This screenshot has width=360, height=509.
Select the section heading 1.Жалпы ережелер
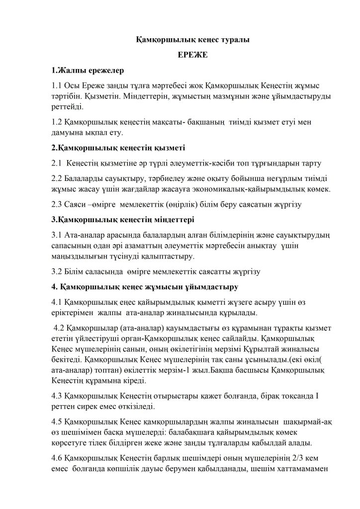point(88,70)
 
